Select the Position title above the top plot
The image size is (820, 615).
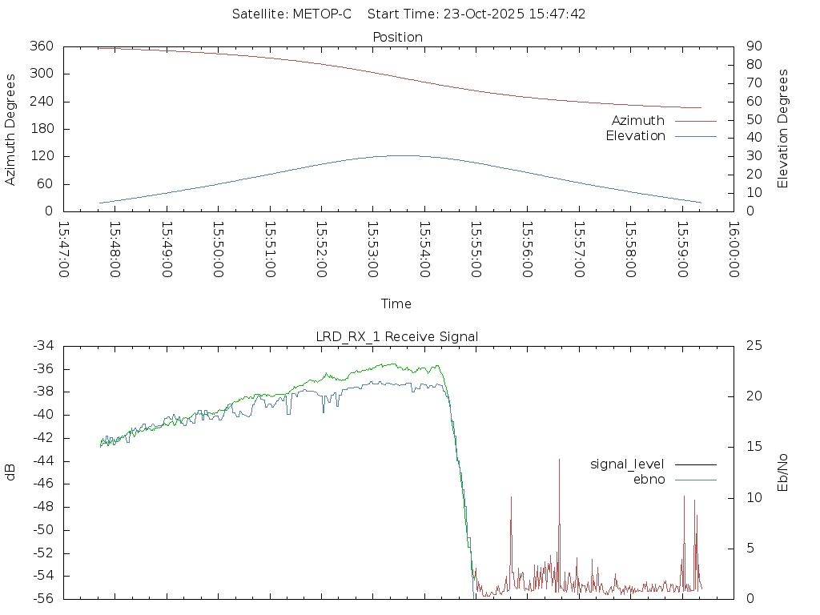398,37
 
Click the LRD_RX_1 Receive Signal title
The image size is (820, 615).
397,336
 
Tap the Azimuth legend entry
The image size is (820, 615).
638,120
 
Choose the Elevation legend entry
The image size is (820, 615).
635,136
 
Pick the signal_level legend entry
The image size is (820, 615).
627,464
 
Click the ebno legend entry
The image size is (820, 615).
649,480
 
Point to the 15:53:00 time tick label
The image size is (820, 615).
372,249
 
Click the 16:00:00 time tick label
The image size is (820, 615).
733,249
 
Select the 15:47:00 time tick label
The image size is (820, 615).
64,249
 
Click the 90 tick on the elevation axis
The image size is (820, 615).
753,46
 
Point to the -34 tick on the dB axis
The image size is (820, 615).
42,346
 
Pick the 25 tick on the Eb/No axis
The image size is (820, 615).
753,346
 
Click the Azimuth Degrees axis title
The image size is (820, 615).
11,129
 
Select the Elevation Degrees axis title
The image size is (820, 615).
783,129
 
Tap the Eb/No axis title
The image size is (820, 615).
783,472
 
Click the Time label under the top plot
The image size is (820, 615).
396,304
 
